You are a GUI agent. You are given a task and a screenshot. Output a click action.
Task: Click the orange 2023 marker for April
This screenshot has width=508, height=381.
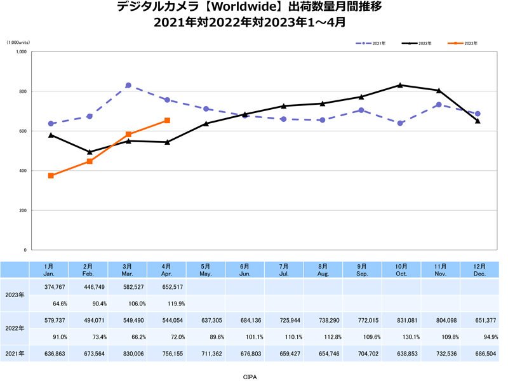(x=167, y=120)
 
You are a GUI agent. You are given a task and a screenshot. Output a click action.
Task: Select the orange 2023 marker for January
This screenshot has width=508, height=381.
(x=51, y=175)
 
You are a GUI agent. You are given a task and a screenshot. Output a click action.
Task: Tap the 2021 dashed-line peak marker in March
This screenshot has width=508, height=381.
(x=128, y=85)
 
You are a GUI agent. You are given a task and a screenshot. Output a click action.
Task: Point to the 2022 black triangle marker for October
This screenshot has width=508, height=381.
(x=400, y=84)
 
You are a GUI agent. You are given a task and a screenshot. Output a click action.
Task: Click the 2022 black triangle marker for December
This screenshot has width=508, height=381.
(x=478, y=121)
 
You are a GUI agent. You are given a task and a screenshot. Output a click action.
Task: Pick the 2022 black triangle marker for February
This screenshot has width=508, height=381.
(x=90, y=152)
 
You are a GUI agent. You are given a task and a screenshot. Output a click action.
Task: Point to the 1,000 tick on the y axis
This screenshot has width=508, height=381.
(x=21, y=52)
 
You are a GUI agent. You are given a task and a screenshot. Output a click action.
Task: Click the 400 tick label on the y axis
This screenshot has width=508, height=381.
(x=22, y=171)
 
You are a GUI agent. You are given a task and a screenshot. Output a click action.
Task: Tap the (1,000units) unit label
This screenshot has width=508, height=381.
(x=18, y=43)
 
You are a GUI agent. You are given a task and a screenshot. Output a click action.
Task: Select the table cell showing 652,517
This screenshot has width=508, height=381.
(x=167, y=286)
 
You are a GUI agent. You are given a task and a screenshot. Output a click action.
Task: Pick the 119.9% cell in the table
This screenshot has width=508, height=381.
(x=167, y=303)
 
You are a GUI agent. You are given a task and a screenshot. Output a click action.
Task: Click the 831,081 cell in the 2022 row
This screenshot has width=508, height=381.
(x=400, y=321)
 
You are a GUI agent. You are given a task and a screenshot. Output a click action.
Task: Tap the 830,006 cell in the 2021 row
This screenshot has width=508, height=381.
(x=128, y=353)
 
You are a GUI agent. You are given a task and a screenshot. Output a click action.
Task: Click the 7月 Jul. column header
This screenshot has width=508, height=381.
(x=284, y=269)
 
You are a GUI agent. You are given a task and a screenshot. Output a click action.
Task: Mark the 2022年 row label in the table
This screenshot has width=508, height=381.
(x=14, y=328)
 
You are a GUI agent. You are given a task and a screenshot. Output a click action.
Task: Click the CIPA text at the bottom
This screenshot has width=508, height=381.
(x=250, y=376)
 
